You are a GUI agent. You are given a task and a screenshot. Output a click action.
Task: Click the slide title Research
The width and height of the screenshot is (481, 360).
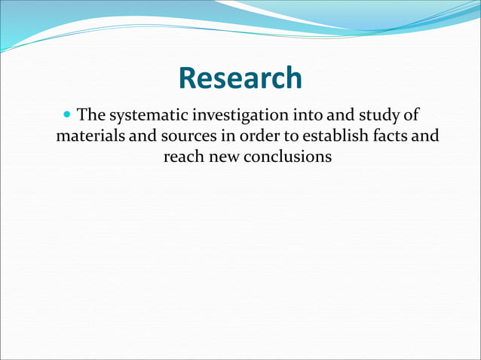coord(240,78)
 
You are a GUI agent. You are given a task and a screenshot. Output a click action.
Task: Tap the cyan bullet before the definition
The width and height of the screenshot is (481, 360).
coord(69,116)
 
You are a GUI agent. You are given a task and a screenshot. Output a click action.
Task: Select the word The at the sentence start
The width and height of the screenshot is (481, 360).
coord(92,116)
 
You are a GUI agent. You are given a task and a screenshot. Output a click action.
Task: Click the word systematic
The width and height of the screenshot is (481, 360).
coord(147,117)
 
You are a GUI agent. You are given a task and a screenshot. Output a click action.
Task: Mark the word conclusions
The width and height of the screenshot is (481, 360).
coord(287,157)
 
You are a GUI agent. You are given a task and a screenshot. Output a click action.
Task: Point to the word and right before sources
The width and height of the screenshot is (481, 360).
coord(143,137)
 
